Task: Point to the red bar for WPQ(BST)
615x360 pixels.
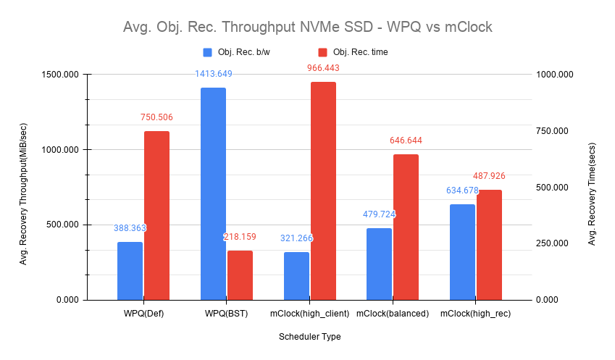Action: pos(240,275)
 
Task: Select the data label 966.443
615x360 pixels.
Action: pos(323,68)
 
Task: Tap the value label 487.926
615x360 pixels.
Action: pos(489,176)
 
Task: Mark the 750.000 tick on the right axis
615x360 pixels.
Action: pos(554,131)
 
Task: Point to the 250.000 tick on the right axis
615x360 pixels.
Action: pos(554,243)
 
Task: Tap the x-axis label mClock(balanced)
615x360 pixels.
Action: pos(393,314)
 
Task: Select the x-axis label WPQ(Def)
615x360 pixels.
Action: pos(143,314)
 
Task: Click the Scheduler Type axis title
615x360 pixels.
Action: pos(309,337)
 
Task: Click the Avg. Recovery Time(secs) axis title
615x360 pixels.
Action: pos(592,188)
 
